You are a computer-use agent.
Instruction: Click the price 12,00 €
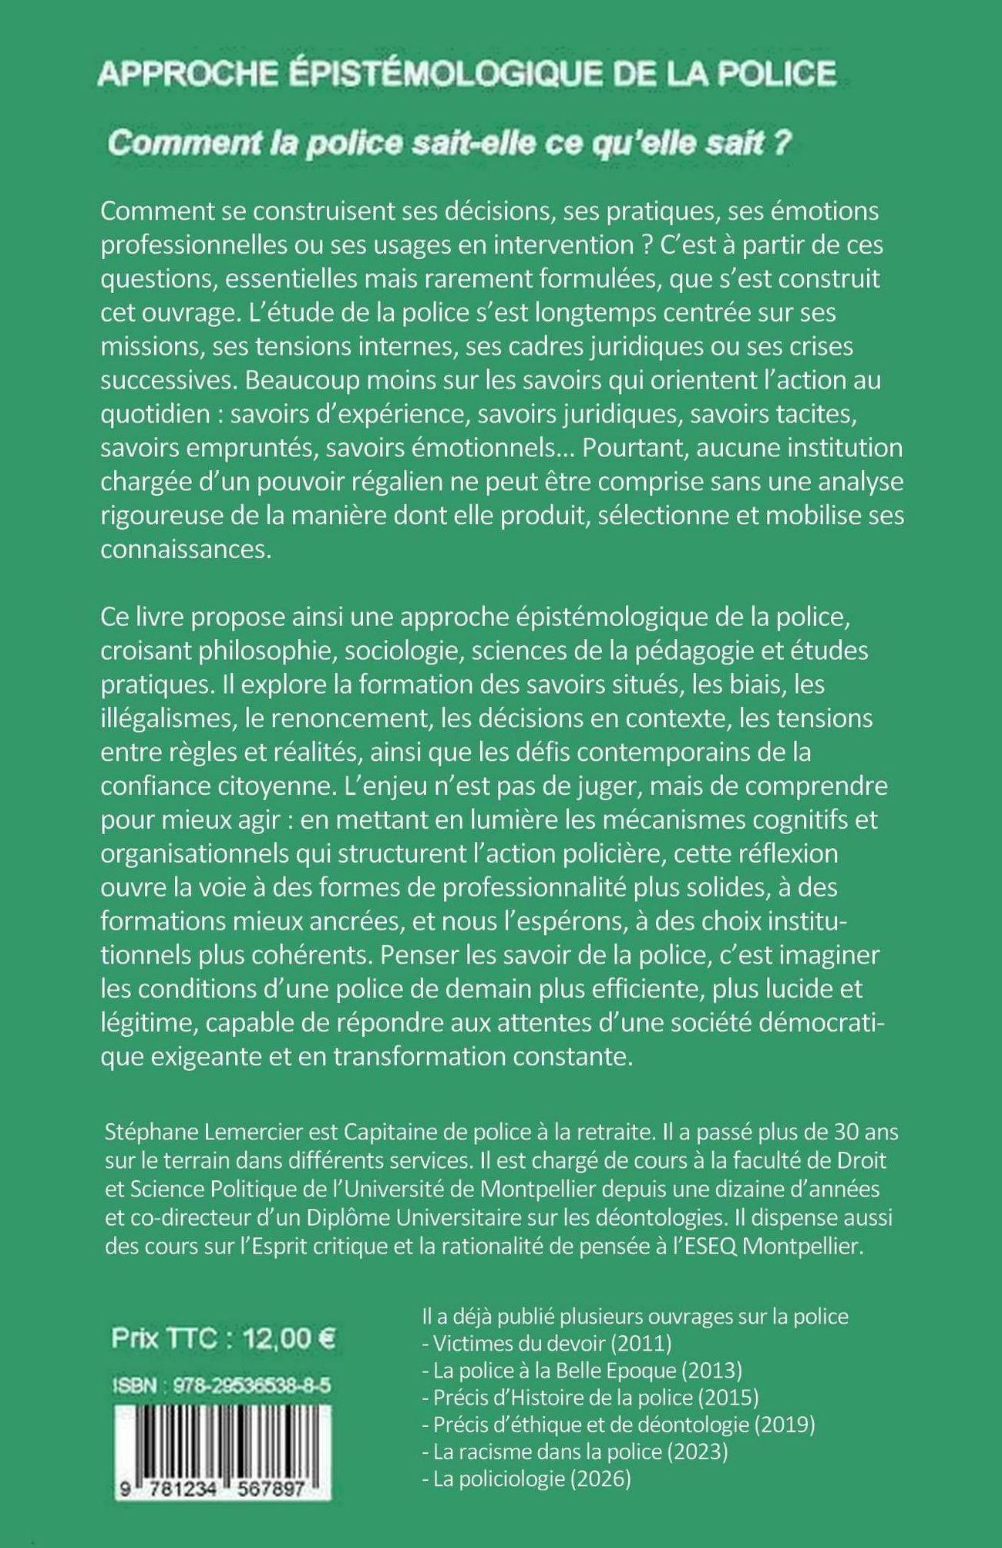(x=289, y=1338)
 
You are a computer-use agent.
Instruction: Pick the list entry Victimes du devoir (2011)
(x=548, y=1343)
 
